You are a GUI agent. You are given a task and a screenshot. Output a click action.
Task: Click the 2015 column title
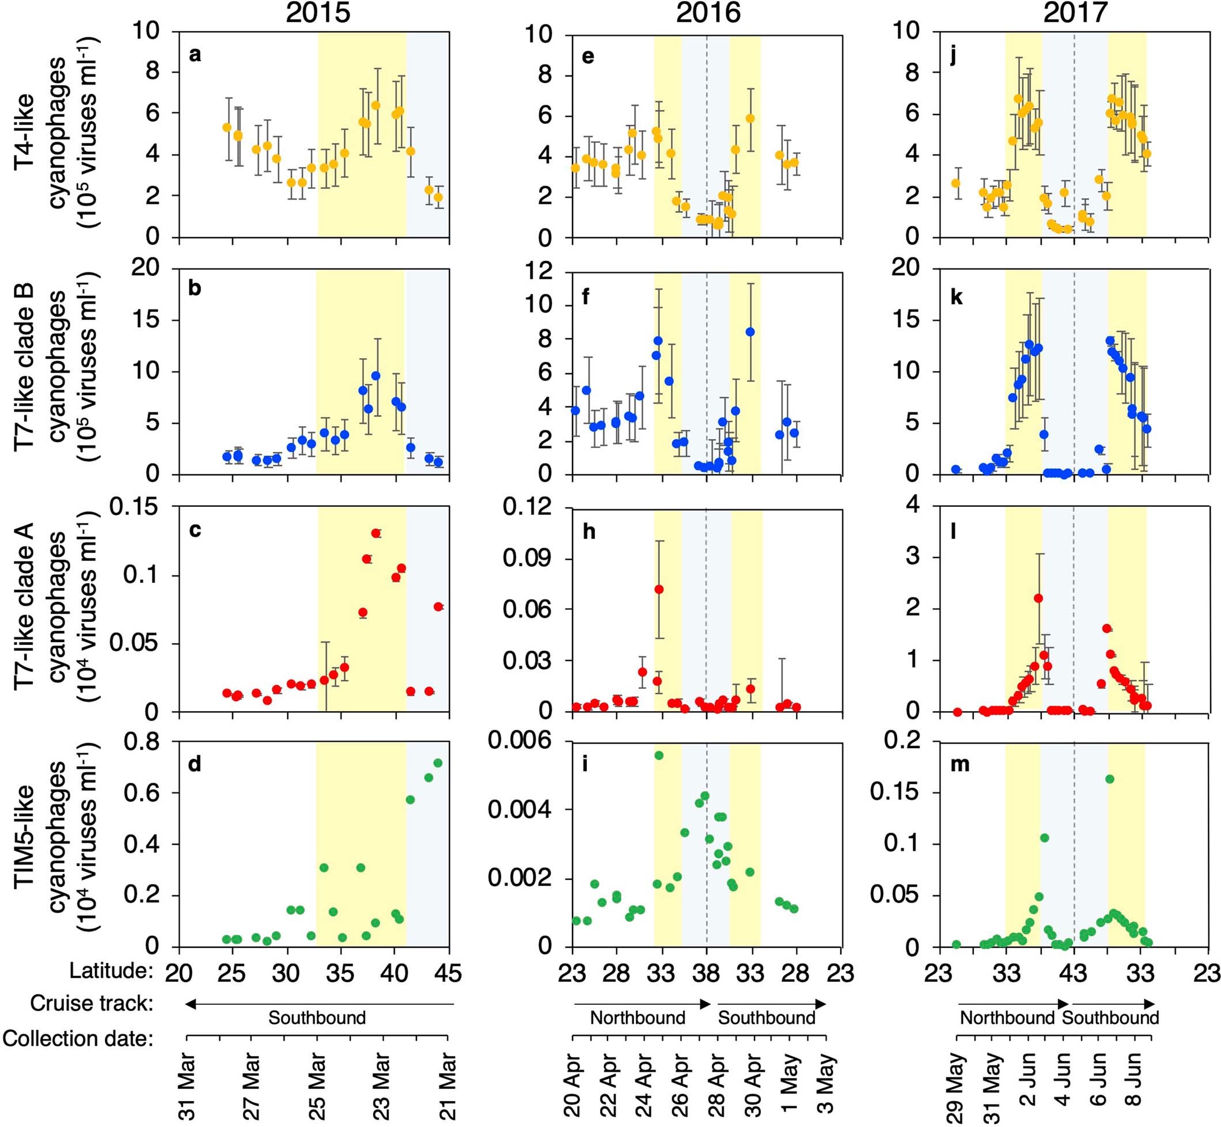click(318, 13)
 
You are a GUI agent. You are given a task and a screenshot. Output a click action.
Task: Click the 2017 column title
click(1075, 13)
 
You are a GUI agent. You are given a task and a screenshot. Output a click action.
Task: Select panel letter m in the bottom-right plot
click(960, 764)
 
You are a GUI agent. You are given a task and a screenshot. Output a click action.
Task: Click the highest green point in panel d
click(437, 763)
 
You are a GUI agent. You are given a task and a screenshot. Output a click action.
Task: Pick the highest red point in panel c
click(376, 533)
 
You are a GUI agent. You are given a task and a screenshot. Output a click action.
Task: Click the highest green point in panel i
click(659, 756)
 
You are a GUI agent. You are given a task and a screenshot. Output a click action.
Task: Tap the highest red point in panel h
click(659, 589)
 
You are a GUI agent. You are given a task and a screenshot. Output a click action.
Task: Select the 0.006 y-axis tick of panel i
click(520, 742)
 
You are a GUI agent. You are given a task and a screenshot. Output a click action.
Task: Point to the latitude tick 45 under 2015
click(448, 973)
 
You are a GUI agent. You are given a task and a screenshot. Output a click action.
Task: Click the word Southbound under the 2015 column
click(317, 1018)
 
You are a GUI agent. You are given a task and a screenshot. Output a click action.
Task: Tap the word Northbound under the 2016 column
click(638, 1018)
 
